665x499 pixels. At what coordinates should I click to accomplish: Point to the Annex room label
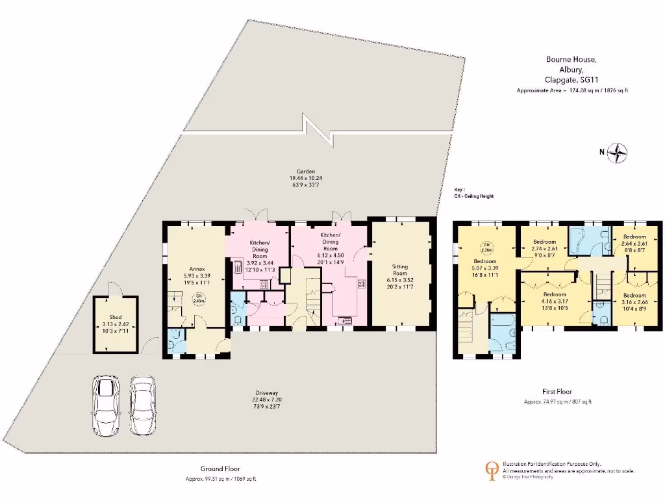(x=197, y=268)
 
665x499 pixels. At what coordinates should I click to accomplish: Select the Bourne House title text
(x=572, y=60)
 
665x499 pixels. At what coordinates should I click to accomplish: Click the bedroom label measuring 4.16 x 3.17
(x=555, y=294)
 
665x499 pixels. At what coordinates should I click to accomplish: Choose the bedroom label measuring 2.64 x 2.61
(x=634, y=237)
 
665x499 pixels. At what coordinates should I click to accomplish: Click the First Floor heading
(x=557, y=391)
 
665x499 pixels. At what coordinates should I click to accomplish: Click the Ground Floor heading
(x=221, y=468)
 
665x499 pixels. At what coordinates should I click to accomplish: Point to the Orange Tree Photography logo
(x=493, y=469)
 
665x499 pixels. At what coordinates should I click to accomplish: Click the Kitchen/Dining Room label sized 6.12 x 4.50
(x=330, y=234)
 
